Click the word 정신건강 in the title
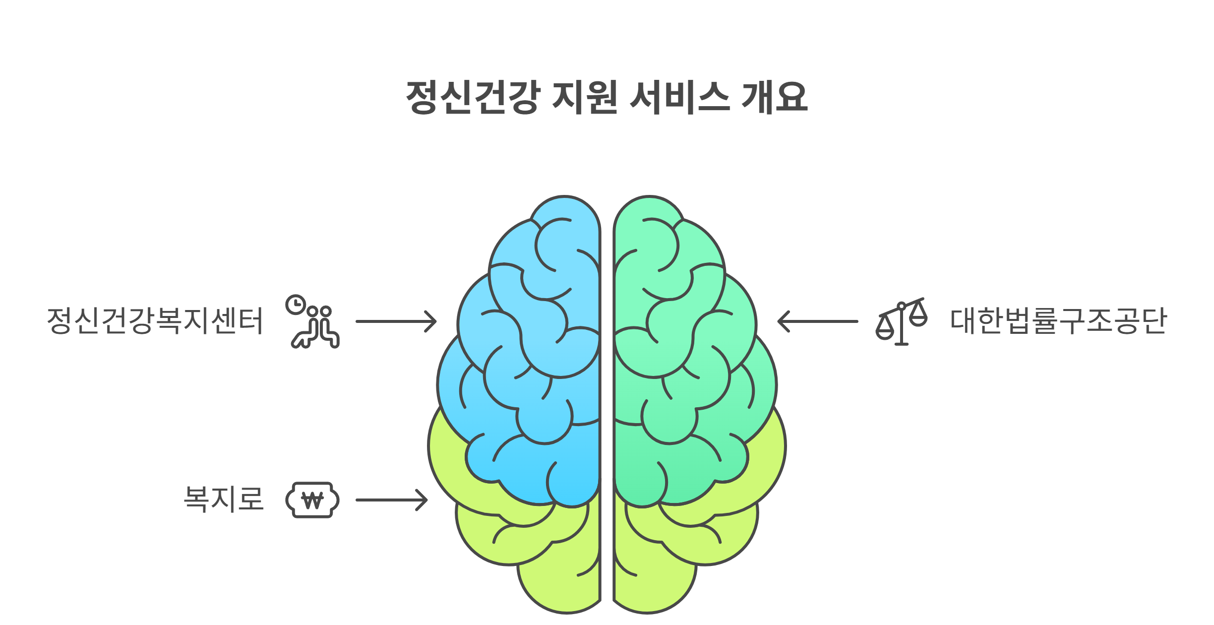[x=473, y=97]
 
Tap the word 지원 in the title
[x=585, y=97]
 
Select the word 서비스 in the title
[x=679, y=97]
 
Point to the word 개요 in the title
[x=775, y=97]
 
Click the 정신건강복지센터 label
[x=155, y=321]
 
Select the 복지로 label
[x=223, y=499]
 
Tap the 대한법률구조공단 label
[x=1058, y=321]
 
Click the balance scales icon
[x=902, y=321]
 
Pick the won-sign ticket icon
[x=312, y=500]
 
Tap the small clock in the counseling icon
[x=296, y=305]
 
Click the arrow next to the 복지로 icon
[x=391, y=500]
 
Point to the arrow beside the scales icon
[x=818, y=321]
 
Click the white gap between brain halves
[x=607, y=397]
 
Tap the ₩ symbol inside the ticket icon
[x=312, y=500]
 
